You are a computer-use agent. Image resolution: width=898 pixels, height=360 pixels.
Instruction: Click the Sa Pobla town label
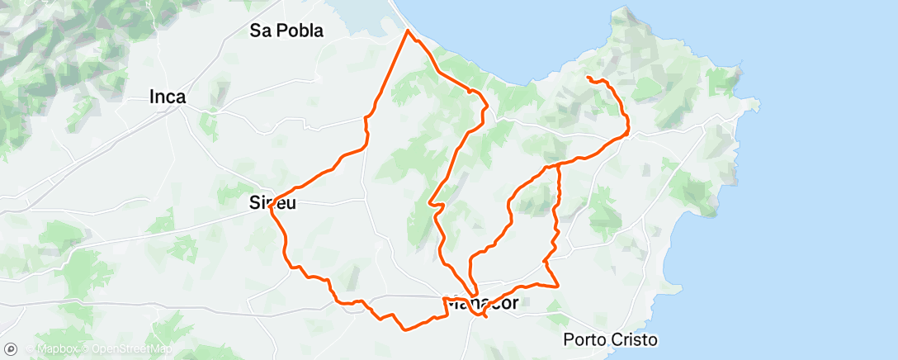(x=286, y=31)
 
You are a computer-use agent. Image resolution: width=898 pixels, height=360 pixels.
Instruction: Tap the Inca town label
(x=167, y=97)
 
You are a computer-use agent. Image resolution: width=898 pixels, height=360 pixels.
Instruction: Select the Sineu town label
(x=273, y=201)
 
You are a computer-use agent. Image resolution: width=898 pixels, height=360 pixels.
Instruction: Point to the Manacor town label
(x=482, y=303)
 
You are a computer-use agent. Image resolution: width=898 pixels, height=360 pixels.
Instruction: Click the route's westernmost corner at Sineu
(x=270, y=207)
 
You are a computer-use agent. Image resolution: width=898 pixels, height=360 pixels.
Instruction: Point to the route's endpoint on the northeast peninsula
(x=588, y=77)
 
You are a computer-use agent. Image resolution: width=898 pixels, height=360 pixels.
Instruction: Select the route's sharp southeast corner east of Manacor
(x=559, y=286)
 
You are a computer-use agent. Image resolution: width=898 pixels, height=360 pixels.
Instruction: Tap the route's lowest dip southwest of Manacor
(x=404, y=329)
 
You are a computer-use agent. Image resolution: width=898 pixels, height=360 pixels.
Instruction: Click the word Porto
(x=587, y=339)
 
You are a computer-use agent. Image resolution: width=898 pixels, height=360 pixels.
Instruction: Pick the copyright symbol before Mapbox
(x=30, y=350)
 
